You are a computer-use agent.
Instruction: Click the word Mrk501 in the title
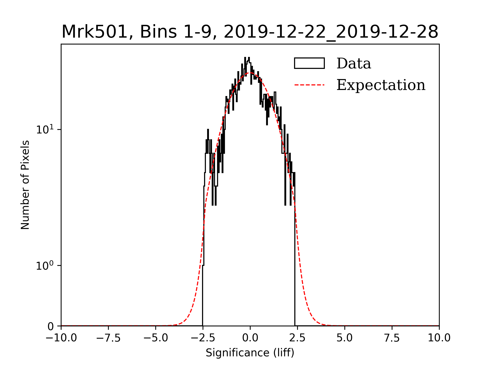pyautogui.click(x=94, y=32)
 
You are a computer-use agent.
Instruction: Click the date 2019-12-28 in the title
pyautogui.click(x=388, y=32)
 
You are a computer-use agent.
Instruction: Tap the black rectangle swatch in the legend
pyautogui.click(x=309, y=63)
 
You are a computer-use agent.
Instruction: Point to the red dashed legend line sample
pyautogui.click(x=309, y=85)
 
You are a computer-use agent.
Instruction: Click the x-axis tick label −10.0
pyautogui.click(x=61, y=338)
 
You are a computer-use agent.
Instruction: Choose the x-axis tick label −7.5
pyautogui.click(x=109, y=338)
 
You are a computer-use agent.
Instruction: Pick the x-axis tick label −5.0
pyautogui.click(x=156, y=338)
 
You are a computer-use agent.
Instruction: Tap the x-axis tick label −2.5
pyautogui.click(x=203, y=338)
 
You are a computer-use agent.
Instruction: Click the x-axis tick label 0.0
pyautogui.click(x=250, y=338)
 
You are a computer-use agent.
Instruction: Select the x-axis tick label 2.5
pyautogui.click(x=297, y=338)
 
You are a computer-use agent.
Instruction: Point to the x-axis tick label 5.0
pyautogui.click(x=345, y=338)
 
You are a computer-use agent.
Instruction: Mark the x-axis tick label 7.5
pyautogui.click(x=392, y=338)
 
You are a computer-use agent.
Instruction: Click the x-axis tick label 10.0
pyautogui.click(x=439, y=338)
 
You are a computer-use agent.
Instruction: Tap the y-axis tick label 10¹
pyautogui.click(x=45, y=130)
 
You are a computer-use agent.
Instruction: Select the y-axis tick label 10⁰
pyautogui.click(x=45, y=266)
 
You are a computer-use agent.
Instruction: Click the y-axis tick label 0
pyautogui.click(x=51, y=326)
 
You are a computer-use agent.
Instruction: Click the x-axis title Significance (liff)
pyautogui.click(x=250, y=353)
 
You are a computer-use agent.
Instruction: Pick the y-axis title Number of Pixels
pyautogui.click(x=25, y=185)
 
